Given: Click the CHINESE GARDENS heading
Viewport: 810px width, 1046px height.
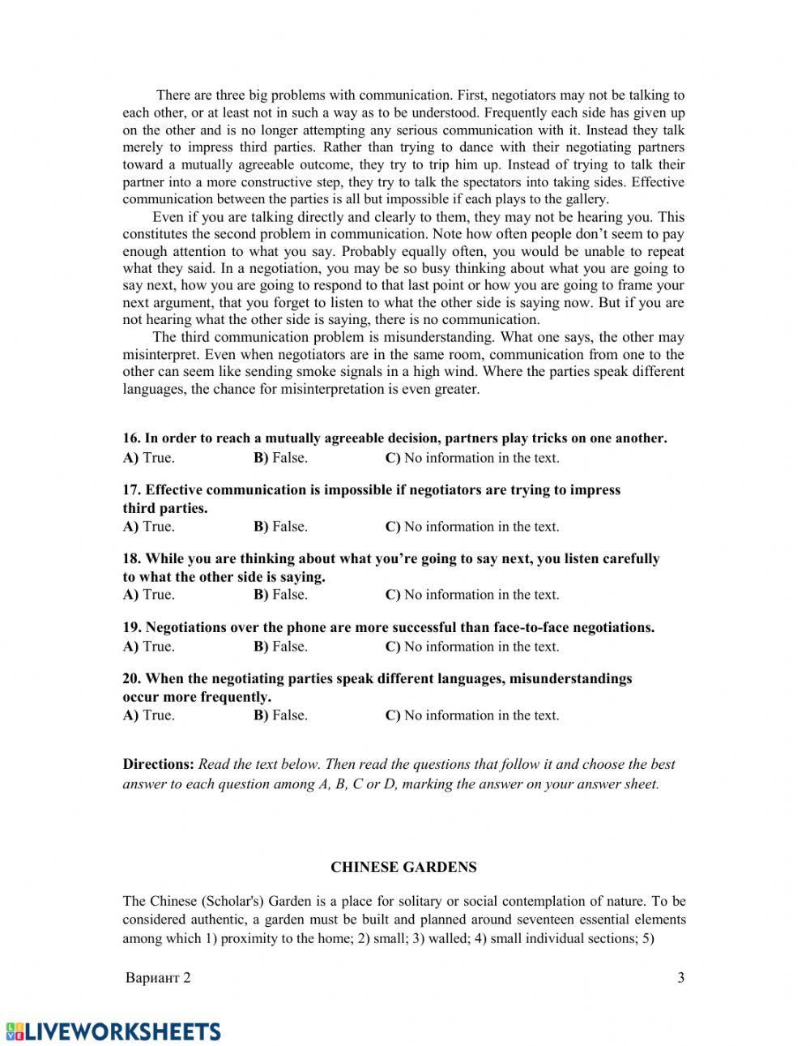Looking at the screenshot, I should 403,867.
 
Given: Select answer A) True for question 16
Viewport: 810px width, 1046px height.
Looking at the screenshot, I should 148,458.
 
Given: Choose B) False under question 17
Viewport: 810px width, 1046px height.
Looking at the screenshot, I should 280,527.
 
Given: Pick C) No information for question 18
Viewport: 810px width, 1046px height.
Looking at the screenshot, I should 471,595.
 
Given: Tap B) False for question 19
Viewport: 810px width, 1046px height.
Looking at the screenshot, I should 280,647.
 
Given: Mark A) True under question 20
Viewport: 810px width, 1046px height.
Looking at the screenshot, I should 148,715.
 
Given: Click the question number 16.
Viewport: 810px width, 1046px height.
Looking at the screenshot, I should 131,438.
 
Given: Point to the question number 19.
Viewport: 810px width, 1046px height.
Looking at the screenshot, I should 131,627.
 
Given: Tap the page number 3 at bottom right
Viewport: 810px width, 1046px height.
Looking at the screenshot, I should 680,977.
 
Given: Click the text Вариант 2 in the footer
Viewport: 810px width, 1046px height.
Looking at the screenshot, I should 159,977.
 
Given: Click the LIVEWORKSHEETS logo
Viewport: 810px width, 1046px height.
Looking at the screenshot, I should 113,1031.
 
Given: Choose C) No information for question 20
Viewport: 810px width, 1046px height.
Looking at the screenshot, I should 471,715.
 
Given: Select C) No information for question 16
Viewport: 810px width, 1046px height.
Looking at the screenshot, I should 471,458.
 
